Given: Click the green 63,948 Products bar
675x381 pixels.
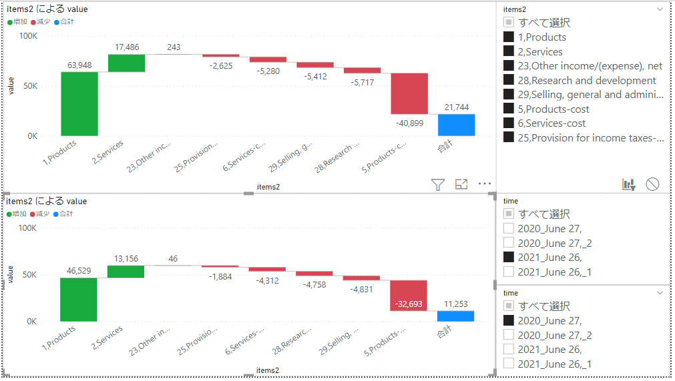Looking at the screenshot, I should (79, 103).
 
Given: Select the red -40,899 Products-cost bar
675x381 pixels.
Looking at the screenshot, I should (409, 93).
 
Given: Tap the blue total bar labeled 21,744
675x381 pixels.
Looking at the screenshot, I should (457, 125).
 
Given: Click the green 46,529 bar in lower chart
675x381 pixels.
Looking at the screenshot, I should (79, 300).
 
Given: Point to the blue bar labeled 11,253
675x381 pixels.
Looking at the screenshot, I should (456, 316).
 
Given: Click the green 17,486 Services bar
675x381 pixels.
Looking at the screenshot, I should (126, 63).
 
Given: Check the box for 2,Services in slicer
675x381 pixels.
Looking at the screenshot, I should (509, 51).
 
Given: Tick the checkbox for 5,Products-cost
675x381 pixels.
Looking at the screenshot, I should (509, 109).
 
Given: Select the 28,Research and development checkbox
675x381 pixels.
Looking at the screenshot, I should (509, 80).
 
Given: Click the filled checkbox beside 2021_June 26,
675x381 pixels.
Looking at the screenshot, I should (509, 257).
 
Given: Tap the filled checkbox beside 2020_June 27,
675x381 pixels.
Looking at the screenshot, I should (509, 321).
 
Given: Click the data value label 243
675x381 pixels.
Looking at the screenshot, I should (174, 47).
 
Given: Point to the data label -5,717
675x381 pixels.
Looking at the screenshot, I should (362, 82).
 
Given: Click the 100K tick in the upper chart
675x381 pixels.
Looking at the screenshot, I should (29, 35).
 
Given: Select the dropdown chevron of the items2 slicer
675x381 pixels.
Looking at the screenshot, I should (660, 9).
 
